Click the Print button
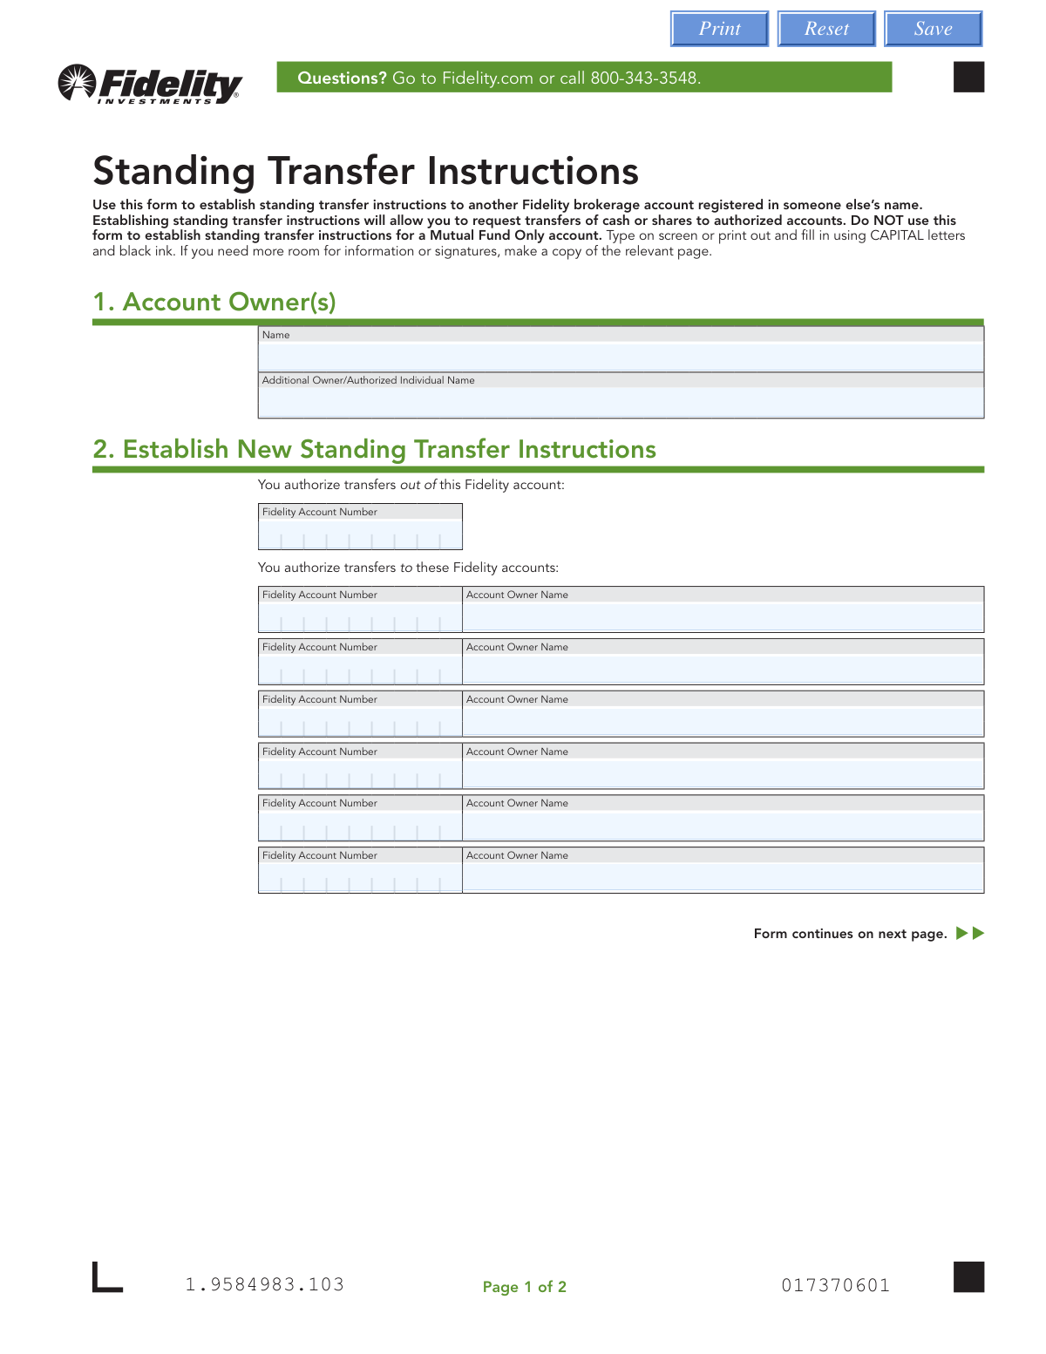[x=719, y=29]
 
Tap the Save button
[x=933, y=29]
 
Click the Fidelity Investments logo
[x=150, y=84]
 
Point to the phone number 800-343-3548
[x=645, y=78]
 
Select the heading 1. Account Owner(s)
[x=214, y=302]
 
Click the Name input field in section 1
[x=621, y=357]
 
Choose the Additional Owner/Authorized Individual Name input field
[x=621, y=402]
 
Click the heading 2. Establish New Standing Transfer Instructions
[x=374, y=449]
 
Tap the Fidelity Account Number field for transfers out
[x=360, y=534]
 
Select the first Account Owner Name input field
[x=723, y=617]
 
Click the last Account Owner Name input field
[x=723, y=878]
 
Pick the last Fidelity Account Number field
[x=360, y=878]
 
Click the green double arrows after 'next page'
[x=970, y=934]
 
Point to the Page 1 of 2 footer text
[x=525, y=1287]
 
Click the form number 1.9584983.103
[x=265, y=1284]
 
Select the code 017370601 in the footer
[x=835, y=1285]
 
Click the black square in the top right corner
[x=968, y=77]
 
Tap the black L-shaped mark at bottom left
[x=106, y=1279]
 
